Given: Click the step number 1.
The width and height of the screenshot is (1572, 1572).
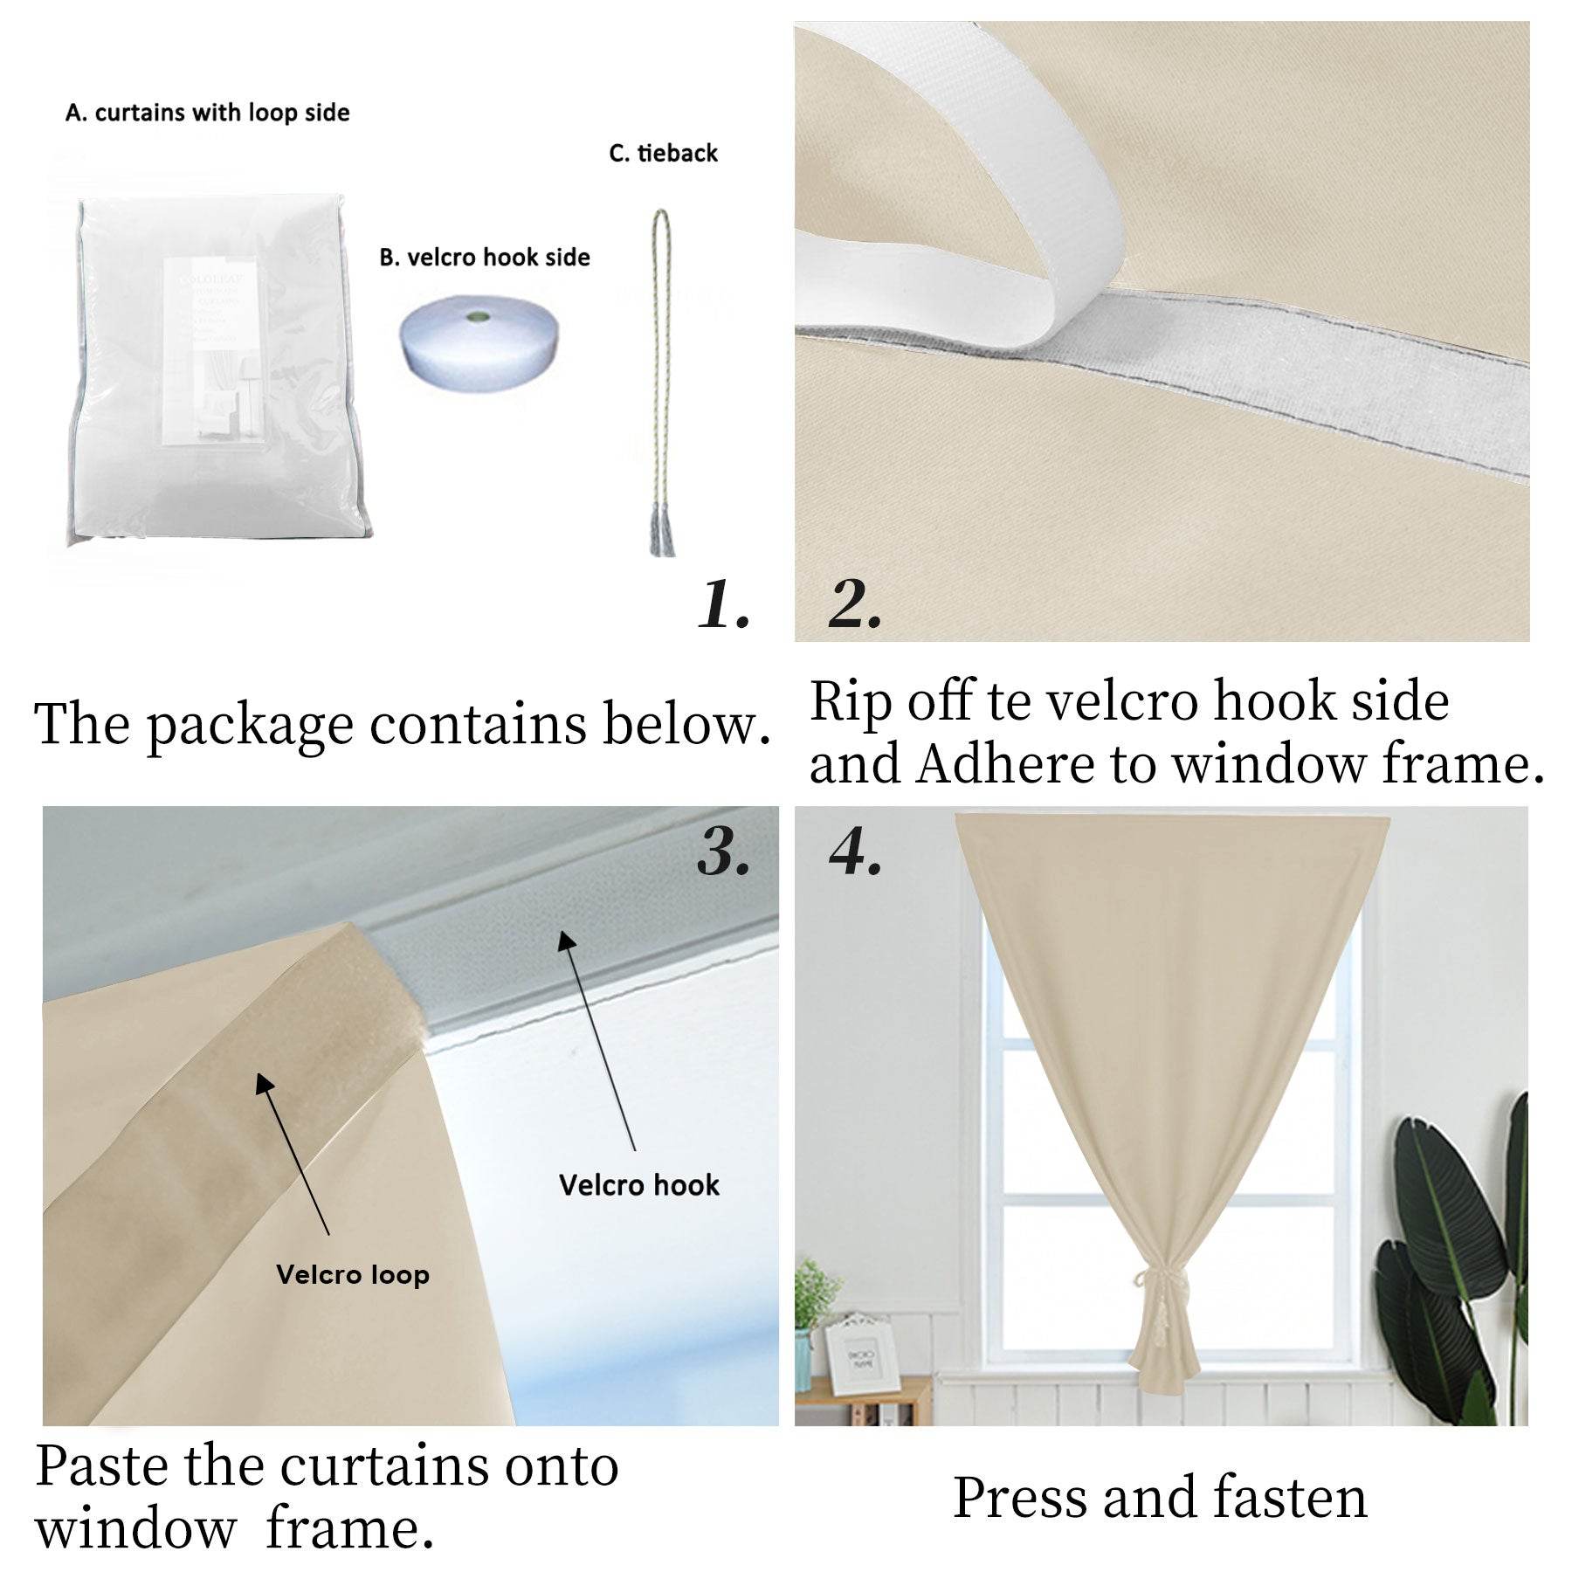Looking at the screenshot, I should pos(724,603).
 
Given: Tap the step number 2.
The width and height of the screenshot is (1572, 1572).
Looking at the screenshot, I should pos(854,603).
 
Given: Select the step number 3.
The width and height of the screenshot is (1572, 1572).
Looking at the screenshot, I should pos(724,851).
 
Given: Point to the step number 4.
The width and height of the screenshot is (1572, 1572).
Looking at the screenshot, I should pos(855,851).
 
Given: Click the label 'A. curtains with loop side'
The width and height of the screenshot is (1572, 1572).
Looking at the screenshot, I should pos(207,113).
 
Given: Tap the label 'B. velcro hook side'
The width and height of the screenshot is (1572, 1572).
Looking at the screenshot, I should pos(485,258).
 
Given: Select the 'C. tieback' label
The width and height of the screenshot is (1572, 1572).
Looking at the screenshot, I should pos(664,154).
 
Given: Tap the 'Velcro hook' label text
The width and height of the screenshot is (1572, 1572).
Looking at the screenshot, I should pos(639,1185).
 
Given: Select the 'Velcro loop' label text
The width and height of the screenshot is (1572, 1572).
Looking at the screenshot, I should pos(353,1274).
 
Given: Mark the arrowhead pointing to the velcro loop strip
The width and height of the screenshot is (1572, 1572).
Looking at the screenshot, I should pos(264,1083).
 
